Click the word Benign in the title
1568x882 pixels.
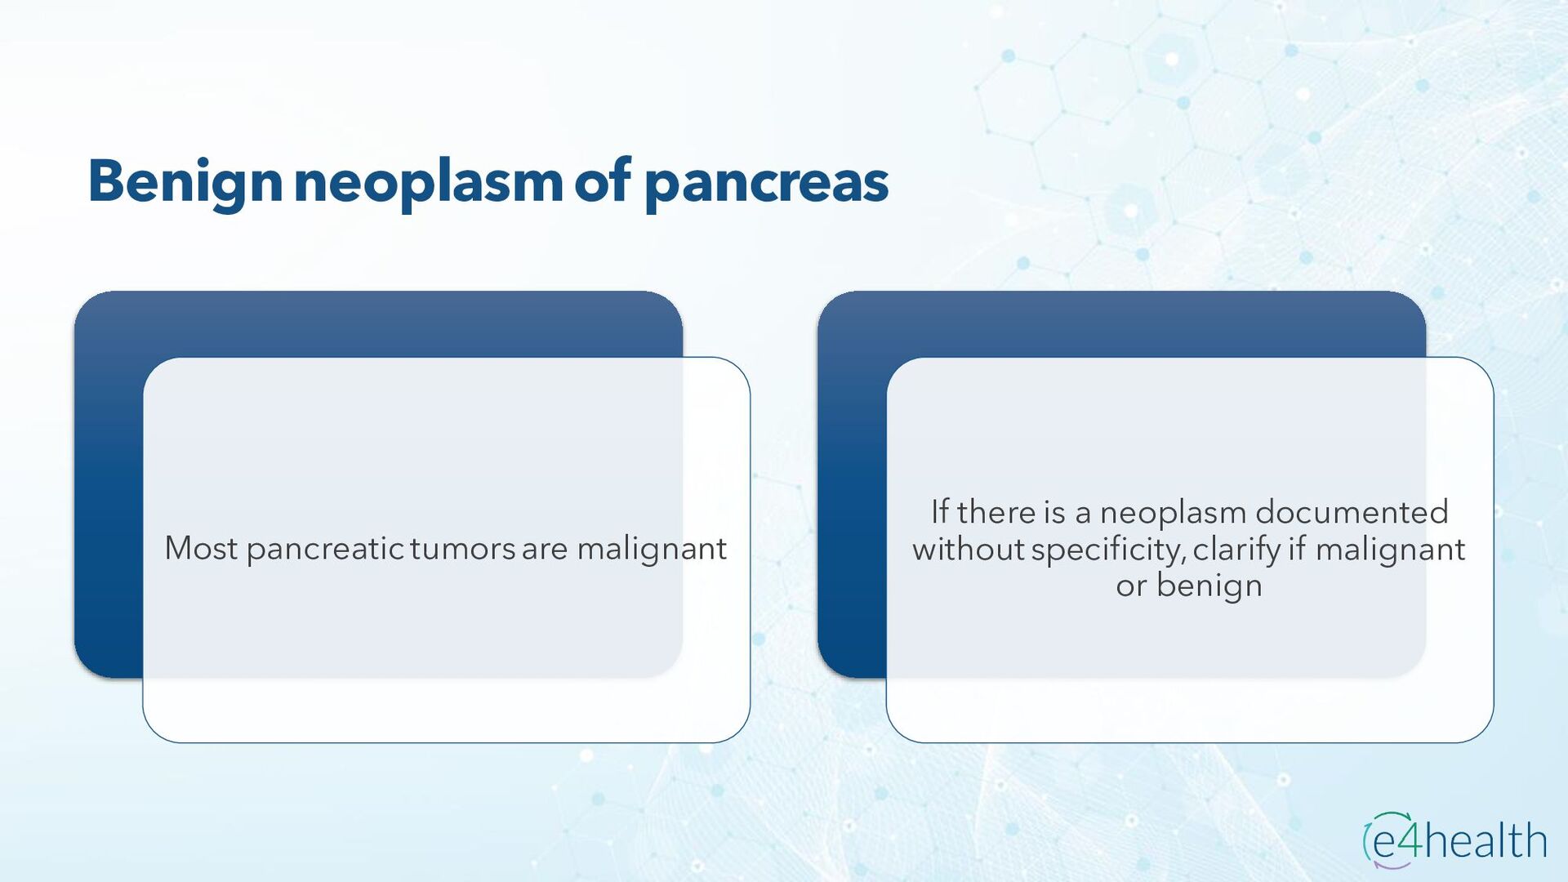[x=185, y=183]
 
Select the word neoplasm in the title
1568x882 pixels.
[x=429, y=183]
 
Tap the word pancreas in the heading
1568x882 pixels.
[x=767, y=183]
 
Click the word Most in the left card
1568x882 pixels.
[x=201, y=548]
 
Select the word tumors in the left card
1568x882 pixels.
[x=462, y=548]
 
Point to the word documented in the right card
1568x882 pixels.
[x=1352, y=512]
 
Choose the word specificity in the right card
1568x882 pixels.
[x=1108, y=550]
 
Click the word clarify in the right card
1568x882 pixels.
[x=1236, y=550]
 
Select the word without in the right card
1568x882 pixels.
[x=969, y=549]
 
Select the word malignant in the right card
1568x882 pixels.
[x=1390, y=550]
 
